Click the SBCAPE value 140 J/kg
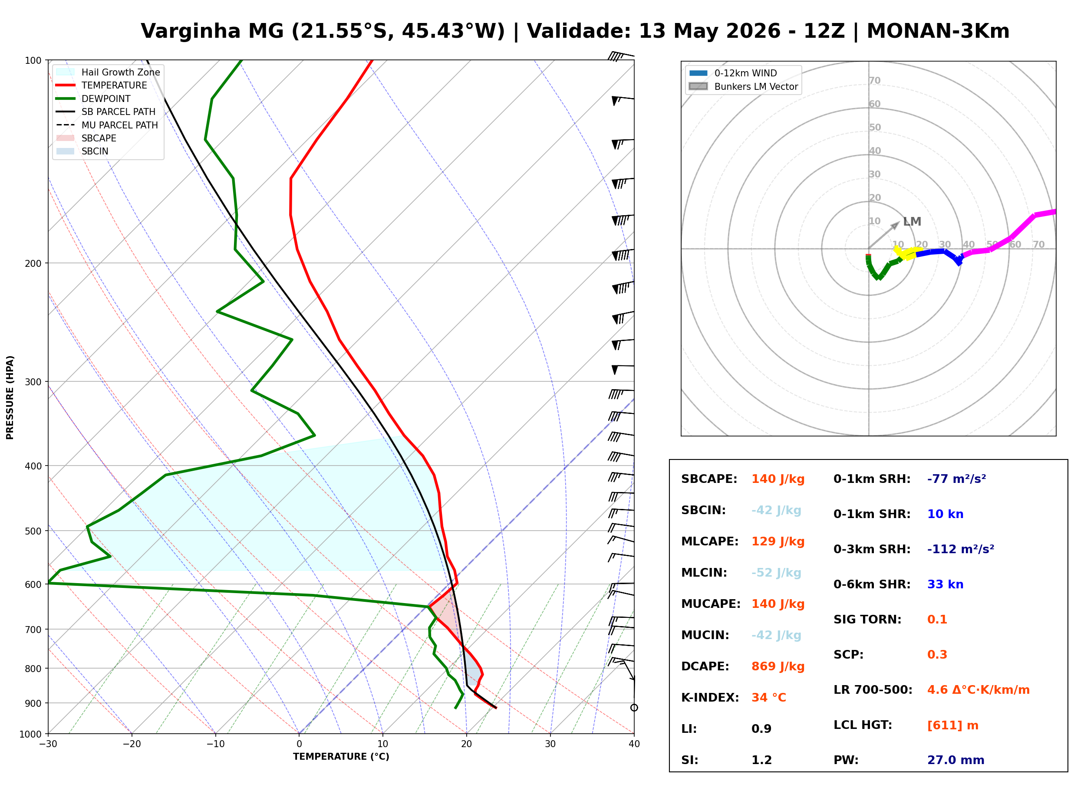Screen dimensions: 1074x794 click(x=778, y=479)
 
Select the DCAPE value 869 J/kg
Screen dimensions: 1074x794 click(x=778, y=666)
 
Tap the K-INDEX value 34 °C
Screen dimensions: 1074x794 click(x=769, y=698)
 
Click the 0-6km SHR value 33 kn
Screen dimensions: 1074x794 click(x=945, y=584)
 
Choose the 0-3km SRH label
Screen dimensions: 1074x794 click(x=872, y=549)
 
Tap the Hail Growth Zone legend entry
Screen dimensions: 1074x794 click(x=108, y=72)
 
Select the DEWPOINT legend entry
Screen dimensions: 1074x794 click(x=93, y=98)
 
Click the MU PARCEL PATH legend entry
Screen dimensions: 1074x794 click(x=107, y=125)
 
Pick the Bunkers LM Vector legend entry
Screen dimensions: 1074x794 click(x=743, y=86)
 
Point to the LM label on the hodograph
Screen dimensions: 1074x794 click(x=912, y=222)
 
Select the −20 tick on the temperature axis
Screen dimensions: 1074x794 click(x=132, y=744)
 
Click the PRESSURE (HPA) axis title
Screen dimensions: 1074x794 click(x=10, y=397)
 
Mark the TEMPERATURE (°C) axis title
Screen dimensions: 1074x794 click(x=341, y=757)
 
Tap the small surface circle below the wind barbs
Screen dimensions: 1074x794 click(x=634, y=708)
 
